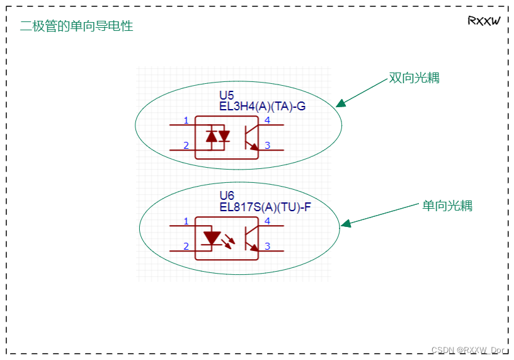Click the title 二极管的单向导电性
point(76,26)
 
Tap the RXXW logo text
point(484,21)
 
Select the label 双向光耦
point(414,78)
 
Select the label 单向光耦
point(447,206)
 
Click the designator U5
point(226,96)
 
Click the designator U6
point(226,195)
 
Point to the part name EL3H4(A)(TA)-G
point(262,106)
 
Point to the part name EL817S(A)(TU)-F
point(265,206)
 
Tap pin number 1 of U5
point(186,120)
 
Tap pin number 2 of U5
point(186,146)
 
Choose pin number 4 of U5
point(268,120)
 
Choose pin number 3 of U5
point(268,146)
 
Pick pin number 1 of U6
point(186,221)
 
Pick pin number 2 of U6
point(186,246)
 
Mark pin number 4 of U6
point(268,221)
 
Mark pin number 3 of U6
point(268,246)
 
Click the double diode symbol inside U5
point(218,136)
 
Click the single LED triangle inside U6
point(212,238)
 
